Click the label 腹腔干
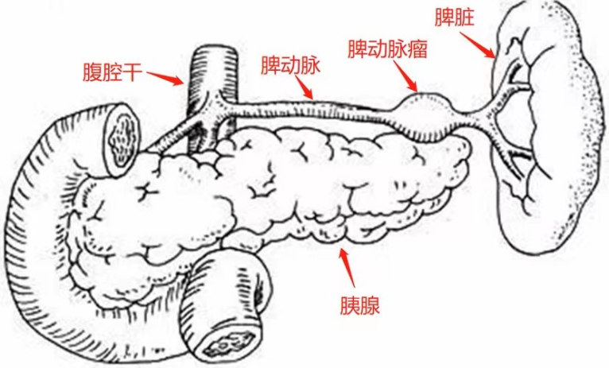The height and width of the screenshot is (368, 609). pyautogui.click(x=112, y=72)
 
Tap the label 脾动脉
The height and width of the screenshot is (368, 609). pyautogui.click(x=290, y=65)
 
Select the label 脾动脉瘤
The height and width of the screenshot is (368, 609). pyautogui.click(x=387, y=49)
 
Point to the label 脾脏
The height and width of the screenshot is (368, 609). pyautogui.click(x=455, y=17)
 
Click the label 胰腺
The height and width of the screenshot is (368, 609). pyautogui.click(x=360, y=305)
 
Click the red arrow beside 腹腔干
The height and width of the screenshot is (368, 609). pyautogui.click(x=165, y=78)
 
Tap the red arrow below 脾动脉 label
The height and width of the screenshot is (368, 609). pyautogui.click(x=304, y=87)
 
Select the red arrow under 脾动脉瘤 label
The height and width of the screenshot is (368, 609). pyautogui.click(x=405, y=76)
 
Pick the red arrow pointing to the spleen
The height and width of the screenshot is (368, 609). pyautogui.click(x=478, y=45)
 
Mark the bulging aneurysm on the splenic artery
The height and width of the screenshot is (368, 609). pyautogui.click(x=426, y=116)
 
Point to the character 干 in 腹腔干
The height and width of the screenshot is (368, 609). pyautogui.click(x=132, y=72)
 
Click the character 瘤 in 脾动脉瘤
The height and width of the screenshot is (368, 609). pyautogui.click(x=417, y=49)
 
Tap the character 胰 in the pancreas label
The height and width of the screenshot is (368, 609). pyautogui.click(x=350, y=305)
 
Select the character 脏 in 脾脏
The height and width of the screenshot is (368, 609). pyautogui.click(x=464, y=17)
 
